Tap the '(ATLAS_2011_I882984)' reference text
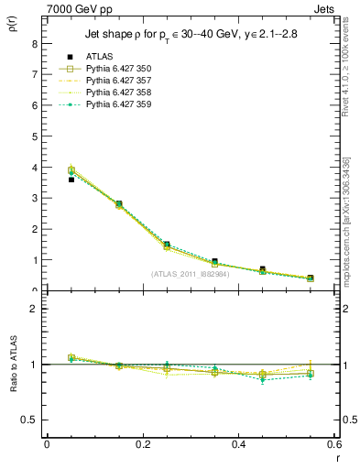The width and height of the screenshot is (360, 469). [x=190, y=274]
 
